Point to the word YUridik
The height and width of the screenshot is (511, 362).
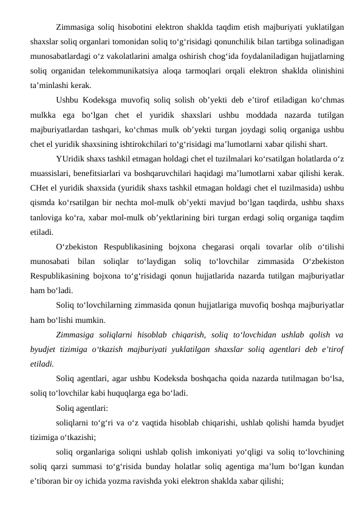pyautogui.click(x=69, y=160)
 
